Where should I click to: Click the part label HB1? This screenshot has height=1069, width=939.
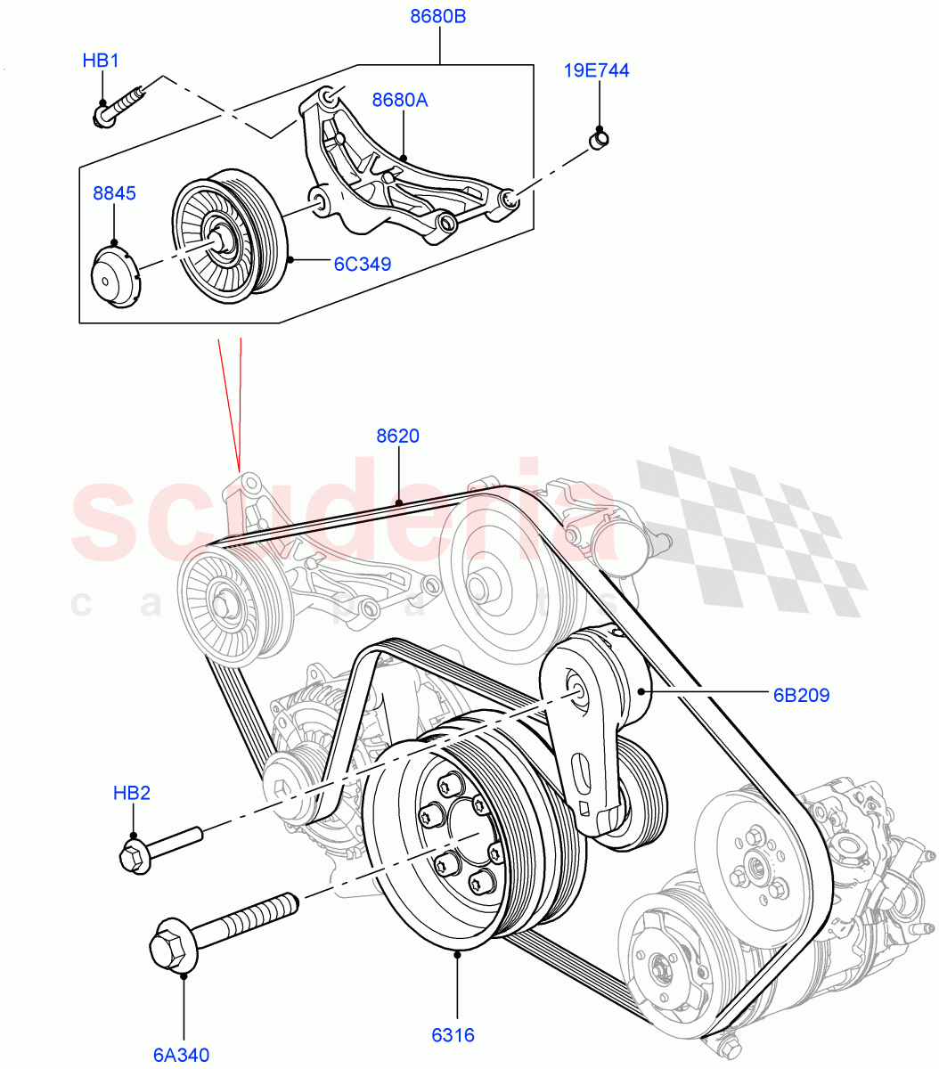[101, 61]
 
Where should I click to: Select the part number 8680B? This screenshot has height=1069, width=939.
[438, 16]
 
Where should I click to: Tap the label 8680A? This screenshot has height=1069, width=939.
[400, 100]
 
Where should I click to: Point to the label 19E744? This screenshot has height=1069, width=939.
[597, 70]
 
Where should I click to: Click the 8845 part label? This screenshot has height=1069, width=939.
[116, 192]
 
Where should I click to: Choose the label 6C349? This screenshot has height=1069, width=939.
[363, 264]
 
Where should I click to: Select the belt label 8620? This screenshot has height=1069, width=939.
[397, 437]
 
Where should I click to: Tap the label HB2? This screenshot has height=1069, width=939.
[132, 793]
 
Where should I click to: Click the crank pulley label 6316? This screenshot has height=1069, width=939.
[453, 1035]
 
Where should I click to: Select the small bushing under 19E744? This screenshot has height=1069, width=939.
[599, 140]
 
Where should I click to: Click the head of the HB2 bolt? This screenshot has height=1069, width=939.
[134, 857]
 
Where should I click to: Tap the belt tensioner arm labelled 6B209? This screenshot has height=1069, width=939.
[586, 730]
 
